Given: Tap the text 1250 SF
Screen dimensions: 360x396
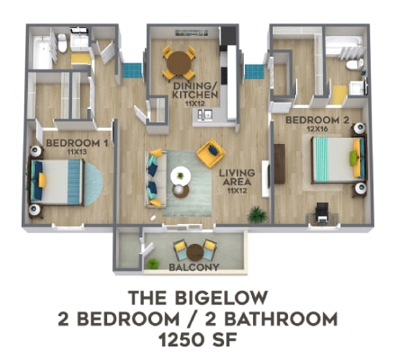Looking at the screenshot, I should (x=197, y=340).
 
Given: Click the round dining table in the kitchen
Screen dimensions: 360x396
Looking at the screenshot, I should (x=178, y=62).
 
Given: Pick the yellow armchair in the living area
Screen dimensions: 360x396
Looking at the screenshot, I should (x=210, y=152).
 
